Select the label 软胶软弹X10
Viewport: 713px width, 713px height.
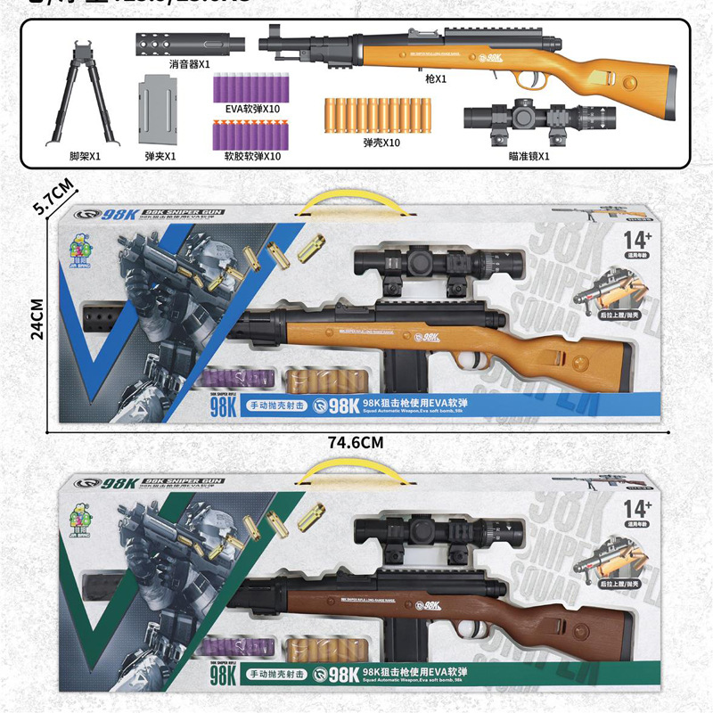pos(247,156)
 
